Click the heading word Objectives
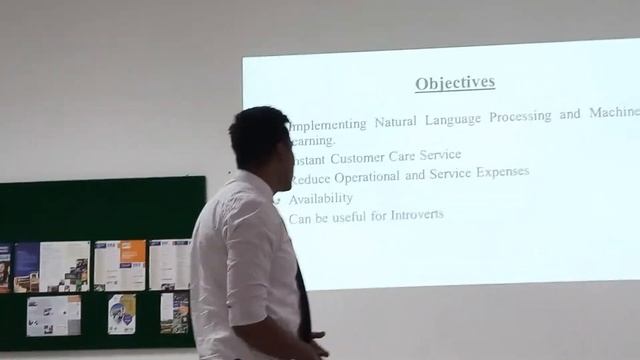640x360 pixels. tap(455, 83)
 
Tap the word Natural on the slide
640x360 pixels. tap(397, 121)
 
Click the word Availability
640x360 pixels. tap(320, 198)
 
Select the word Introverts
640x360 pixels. tap(411, 215)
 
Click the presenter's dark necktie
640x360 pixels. tap(302, 300)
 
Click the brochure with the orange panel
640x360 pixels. tap(119, 265)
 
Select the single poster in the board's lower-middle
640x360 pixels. tap(121, 313)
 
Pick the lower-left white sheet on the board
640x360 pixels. tap(53, 315)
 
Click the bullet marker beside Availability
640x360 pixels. tap(277, 199)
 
